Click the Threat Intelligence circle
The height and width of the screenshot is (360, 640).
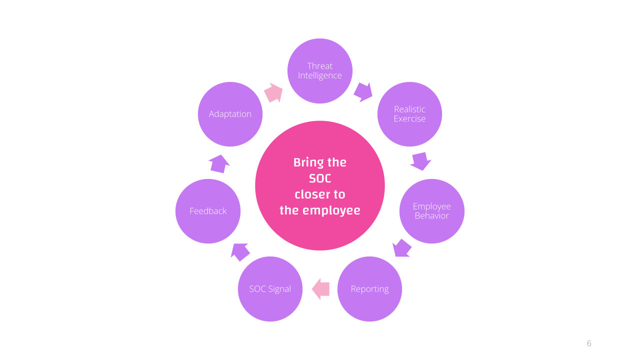pos(319,71)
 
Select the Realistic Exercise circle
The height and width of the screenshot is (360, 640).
pos(409,114)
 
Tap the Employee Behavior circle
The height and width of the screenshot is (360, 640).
pos(431,211)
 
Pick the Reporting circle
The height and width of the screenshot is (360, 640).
pos(369,289)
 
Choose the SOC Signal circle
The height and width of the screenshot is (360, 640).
pos(270,289)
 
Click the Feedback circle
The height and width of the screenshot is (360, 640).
pos(208,211)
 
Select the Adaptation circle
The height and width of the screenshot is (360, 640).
pos(230,114)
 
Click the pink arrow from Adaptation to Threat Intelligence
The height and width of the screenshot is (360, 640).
pos(273,93)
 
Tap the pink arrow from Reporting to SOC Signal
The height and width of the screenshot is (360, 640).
pos(320,289)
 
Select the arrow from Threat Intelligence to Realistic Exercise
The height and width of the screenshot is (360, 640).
pos(363,92)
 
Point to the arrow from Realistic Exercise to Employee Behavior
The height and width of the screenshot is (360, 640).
pos(421,161)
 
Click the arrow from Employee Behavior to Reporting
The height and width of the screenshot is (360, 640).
pos(401,248)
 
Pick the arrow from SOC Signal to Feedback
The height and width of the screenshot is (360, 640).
pos(240,252)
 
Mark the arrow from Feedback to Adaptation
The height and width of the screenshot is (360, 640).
pos(219,164)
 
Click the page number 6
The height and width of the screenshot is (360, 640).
pos(589,343)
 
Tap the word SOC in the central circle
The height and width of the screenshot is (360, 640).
pos(320,178)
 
